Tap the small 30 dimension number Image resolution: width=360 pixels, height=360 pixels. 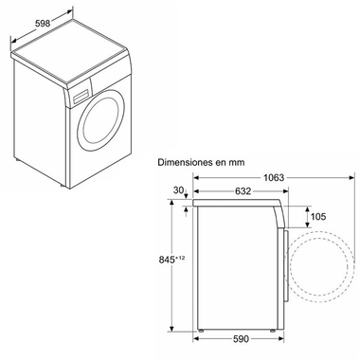click(x=177, y=189)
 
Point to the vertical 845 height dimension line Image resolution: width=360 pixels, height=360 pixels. click(x=171, y=284)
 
